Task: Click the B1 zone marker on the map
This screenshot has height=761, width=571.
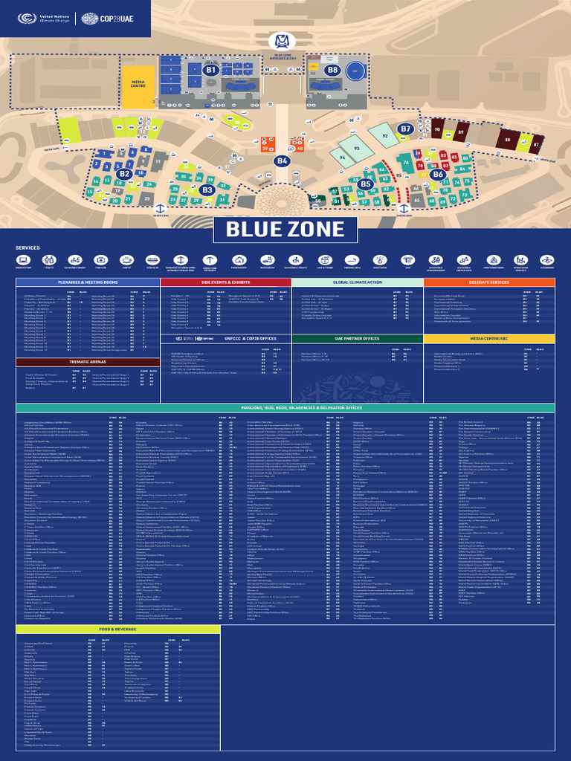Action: coord(210,69)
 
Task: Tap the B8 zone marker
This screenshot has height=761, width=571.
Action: coord(332,70)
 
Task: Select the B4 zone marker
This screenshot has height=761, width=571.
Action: coord(282,161)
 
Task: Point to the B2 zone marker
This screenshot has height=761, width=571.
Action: coord(123,173)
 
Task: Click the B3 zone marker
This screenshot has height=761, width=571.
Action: coord(207,190)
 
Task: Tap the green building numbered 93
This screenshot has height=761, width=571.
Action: coord(357,148)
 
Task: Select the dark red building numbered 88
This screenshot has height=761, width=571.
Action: coord(508,139)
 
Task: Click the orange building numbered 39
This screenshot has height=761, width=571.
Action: coord(265,149)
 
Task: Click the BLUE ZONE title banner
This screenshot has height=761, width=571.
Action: coord(285,229)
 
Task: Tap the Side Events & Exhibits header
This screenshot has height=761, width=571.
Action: coord(226,282)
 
